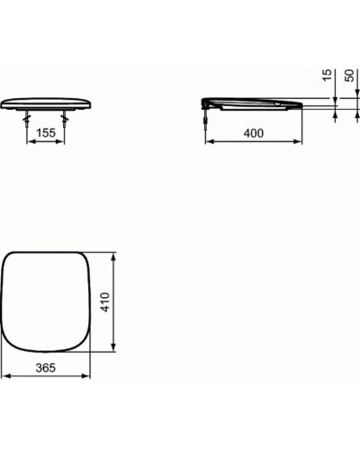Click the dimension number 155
[49, 133]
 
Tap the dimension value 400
[256, 133]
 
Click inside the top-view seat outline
[47, 302]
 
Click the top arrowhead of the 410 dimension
[113, 256]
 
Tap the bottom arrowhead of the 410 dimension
[113, 351]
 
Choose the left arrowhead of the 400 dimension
[211, 141]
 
